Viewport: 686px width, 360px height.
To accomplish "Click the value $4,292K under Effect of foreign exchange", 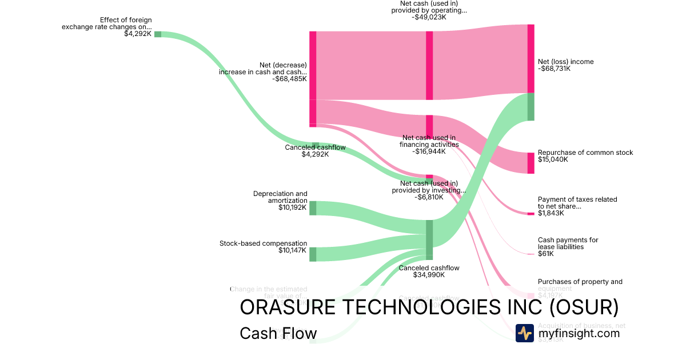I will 138,34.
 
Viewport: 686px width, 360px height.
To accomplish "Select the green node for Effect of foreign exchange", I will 158,34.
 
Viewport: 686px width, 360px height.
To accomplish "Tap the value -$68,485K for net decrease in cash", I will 290,79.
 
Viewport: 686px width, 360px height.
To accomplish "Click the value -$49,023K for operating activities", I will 429,17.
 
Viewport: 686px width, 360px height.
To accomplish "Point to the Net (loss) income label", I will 565,62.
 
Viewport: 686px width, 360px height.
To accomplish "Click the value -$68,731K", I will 555,69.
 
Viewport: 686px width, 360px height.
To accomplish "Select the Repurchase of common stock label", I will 585,153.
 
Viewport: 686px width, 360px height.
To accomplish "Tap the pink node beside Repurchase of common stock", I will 531,163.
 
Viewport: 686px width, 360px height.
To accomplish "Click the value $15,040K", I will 553,160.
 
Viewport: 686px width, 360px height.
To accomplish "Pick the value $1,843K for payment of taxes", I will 551,213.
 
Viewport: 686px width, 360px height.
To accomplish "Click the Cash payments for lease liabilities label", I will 568,243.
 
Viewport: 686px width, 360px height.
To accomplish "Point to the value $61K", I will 545,254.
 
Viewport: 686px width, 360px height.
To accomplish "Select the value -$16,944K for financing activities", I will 429,151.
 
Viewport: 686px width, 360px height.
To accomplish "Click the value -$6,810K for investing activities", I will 429,197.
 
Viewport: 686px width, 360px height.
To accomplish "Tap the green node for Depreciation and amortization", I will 313,208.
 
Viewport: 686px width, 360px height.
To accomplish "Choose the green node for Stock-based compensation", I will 313,254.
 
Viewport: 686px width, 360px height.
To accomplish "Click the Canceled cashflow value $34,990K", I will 429,275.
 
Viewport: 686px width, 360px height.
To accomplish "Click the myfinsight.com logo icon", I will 524,333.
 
